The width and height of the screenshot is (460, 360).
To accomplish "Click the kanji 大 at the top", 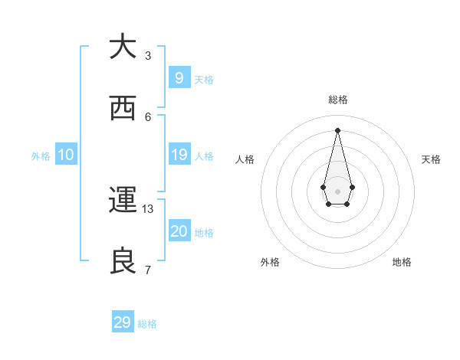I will pyautogui.click(x=123, y=47).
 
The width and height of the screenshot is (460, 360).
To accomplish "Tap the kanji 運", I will pyautogui.click(x=123, y=201).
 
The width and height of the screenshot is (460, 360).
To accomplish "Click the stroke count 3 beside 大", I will pyautogui.click(x=148, y=55).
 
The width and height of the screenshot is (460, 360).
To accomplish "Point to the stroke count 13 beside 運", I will pyautogui.click(x=148, y=208).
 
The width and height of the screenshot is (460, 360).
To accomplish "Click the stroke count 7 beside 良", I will pyautogui.click(x=148, y=270).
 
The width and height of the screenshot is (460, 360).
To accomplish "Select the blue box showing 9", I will pyautogui.click(x=179, y=77).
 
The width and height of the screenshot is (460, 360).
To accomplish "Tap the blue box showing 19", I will pyautogui.click(x=179, y=155).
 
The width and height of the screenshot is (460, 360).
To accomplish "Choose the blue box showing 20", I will pyautogui.click(x=179, y=231).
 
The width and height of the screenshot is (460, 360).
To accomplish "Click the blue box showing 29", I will pyautogui.click(x=123, y=322).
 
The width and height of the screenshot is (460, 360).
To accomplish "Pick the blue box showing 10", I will pyautogui.click(x=66, y=155).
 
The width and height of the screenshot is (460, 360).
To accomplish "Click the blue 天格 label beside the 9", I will pyautogui.click(x=204, y=80).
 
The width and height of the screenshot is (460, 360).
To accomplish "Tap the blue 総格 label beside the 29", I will pyautogui.click(x=147, y=324).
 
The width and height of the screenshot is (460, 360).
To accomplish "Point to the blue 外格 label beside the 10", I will pyautogui.click(x=41, y=156).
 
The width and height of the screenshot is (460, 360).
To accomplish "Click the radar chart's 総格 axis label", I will pyautogui.click(x=338, y=100).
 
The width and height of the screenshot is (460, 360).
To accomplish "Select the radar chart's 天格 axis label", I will pyautogui.click(x=432, y=159).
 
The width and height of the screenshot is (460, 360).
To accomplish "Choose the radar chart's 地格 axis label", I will pyautogui.click(x=402, y=262).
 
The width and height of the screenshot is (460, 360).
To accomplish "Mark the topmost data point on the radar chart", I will pyautogui.click(x=337, y=129).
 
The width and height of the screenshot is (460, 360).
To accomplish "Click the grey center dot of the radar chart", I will pyautogui.click(x=337, y=191).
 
